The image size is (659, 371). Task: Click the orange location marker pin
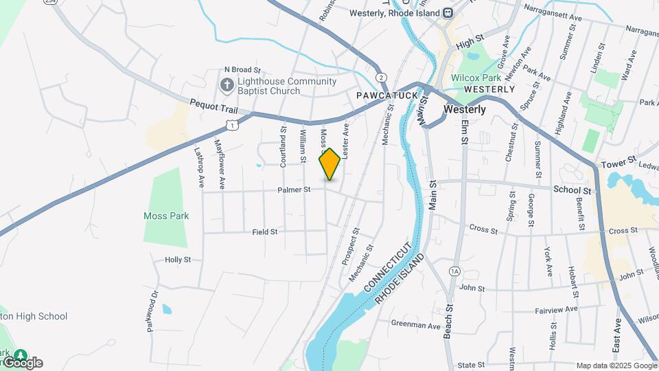coord(329,164)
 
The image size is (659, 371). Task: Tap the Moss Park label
coord(166,216)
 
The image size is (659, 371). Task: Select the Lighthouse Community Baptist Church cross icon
coord(227,85)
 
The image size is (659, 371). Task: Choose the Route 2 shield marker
coord(381,77)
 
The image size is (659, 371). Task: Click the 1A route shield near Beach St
coord(454,271)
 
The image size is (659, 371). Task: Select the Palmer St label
coord(294,189)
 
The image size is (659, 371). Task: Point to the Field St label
coord(264,232)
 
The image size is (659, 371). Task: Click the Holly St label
coord(178,260)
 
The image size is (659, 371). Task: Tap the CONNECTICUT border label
coord(389,267)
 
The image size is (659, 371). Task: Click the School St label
coord(572,190)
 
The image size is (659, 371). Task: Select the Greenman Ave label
coord(415,324)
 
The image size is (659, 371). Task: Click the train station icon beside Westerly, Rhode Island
coord(448,12)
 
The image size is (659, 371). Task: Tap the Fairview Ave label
coord(556,310)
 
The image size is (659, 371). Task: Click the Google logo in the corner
coord(23,363)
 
